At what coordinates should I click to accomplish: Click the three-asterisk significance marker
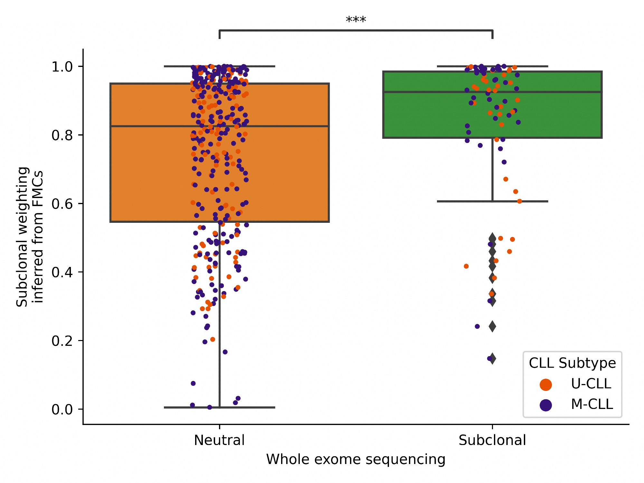click(x=356, y=20)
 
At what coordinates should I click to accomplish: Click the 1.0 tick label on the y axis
click(x=62, y=67)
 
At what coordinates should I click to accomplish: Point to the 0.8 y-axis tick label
click(x=62, y=135)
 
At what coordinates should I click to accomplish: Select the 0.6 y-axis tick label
click(x=62, y=204)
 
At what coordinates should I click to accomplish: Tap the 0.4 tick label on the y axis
click(x=62, y=272)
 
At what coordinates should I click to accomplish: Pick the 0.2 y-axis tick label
click(x=62, y=341)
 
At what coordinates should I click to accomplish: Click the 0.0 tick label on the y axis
click(x=62, y=409)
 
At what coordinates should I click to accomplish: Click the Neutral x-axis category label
click(x=219, y=440)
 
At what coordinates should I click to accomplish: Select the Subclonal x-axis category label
click(x=492, y=440)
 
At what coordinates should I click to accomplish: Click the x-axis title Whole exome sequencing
click(x=356, y=459)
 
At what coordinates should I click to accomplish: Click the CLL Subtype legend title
click(x=572, y=363)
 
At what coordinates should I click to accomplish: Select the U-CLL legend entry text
click(x=591, y=384)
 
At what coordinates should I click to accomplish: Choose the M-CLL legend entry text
click(x=592, y=404)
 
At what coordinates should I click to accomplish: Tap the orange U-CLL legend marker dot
click(x=546, y=384)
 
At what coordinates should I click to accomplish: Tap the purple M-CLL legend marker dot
click(x=546, y=405)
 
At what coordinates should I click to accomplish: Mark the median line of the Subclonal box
click(x=547, y=92)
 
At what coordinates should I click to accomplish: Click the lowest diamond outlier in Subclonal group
click(x=492, y=359)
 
